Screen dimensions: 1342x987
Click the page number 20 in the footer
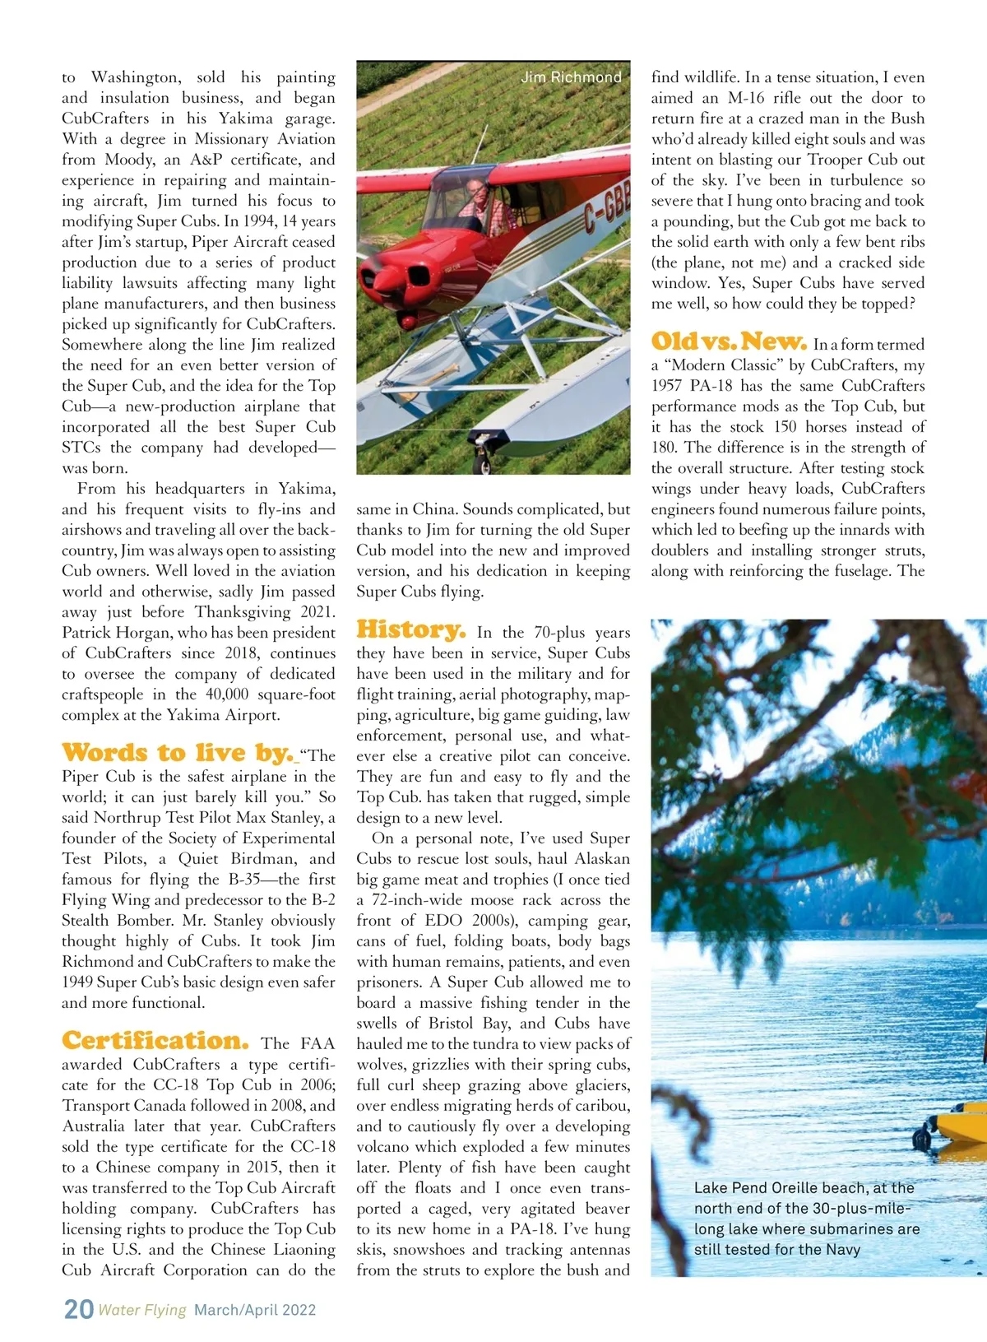[x=79, y=1308]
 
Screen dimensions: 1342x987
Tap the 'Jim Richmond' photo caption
[x=571, y=77]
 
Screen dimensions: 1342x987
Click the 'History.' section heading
[x=410, y=630]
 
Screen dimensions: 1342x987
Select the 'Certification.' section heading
[x=155, y=1041]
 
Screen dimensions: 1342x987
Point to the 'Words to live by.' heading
[x=177, y=753]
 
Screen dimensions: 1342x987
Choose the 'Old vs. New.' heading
[x=729, y=342]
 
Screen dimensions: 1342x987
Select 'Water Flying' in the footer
[x=142, y=1310]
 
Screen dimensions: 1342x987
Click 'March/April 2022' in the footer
[x=255, y=1310]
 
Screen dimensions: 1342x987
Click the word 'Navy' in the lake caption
[x=843, y=1250]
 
